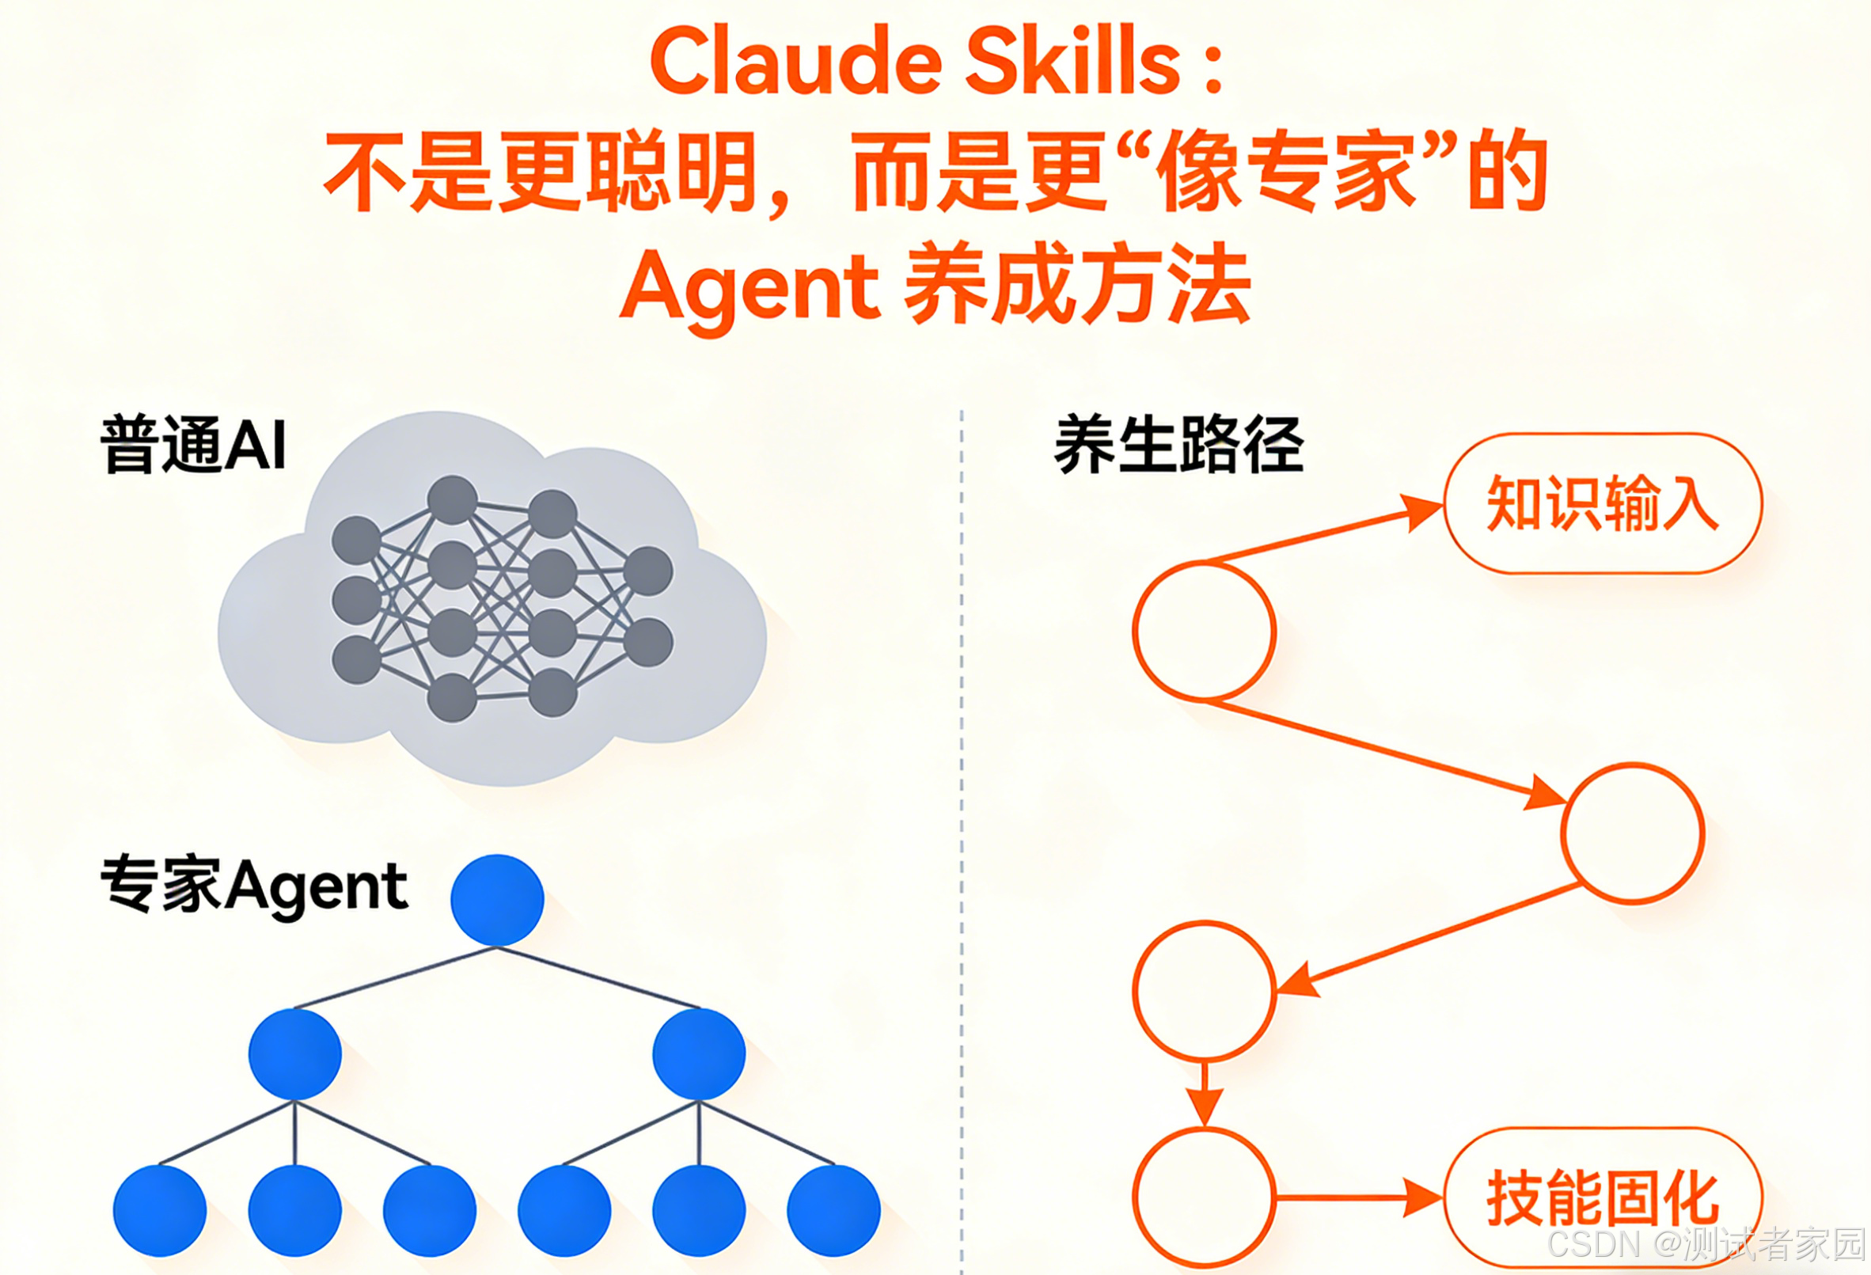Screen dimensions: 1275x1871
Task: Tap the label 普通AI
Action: click(193, 444)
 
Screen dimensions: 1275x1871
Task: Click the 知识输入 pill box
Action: click(1602, 504)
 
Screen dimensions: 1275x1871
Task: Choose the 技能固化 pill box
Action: click(1602, 1197)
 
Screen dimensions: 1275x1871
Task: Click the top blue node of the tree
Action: click(497, 900)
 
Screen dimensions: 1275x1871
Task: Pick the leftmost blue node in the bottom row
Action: click(159, 1210)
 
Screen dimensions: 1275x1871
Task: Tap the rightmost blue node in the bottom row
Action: click(833, 1210)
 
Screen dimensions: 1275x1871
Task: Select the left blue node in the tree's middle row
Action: click(294, 1053)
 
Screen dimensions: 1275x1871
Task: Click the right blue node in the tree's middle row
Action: click(699, 1053)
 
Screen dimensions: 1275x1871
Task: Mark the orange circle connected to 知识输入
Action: click(1205, 630)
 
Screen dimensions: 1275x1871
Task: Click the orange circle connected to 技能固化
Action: click(1205, 1197)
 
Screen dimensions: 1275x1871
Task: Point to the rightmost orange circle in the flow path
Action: click(1633, 833)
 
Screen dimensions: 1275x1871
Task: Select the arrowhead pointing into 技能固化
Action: click(1421, 1197)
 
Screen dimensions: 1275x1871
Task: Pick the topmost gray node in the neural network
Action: click(452, 499)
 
